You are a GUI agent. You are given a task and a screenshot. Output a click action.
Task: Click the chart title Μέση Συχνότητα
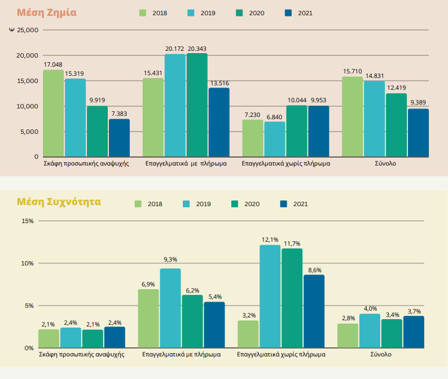59,201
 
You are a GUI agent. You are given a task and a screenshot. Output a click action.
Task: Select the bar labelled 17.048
53,113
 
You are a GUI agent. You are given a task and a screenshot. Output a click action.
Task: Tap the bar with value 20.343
197,105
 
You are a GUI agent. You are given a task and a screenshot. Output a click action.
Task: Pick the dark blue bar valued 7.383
119,138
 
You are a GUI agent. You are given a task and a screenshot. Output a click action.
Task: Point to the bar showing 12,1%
270,297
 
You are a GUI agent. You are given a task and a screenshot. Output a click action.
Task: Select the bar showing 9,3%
170,308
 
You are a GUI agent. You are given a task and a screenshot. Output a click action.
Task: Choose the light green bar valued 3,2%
248,334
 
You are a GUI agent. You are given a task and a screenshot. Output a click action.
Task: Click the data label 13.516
218,83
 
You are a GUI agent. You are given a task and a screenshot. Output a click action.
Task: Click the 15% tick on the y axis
27,221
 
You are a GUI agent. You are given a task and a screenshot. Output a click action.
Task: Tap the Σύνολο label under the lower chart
380,355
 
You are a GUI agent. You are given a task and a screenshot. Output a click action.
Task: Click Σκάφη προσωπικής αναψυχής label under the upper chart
86,163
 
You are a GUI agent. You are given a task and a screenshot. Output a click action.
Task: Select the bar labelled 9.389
418,133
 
